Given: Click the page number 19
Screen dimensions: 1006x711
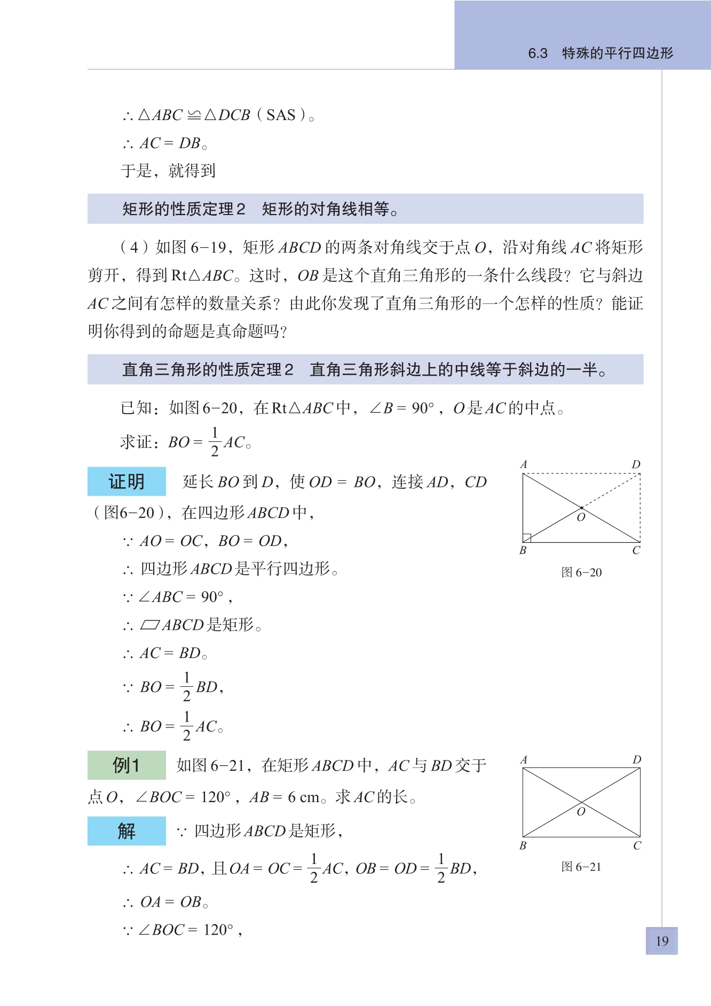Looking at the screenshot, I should coord(662,941).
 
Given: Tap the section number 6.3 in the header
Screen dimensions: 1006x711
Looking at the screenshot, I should coord(538,53).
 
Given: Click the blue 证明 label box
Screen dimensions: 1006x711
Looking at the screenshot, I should coord(127,481).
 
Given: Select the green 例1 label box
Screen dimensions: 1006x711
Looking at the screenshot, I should coord(127,765).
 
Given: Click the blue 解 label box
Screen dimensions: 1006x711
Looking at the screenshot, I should coord(127,831).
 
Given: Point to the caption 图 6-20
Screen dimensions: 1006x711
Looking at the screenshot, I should coord(581,573).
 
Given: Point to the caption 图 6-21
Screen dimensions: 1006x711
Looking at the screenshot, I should coord(581,867).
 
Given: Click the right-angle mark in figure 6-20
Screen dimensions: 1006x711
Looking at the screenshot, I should coord(527,538).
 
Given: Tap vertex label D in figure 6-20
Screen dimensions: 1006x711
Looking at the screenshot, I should coord(636,464).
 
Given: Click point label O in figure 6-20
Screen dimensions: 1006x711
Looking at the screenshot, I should coord(581,517).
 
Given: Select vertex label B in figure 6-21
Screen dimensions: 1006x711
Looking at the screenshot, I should coord(523,845).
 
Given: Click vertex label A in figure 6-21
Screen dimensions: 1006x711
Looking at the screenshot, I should coord(524,759).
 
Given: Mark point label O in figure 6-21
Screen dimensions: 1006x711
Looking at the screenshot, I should coord(581,812).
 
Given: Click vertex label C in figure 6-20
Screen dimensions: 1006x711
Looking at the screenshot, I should coord(636,550).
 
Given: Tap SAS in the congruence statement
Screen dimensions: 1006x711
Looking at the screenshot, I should coord(281,115).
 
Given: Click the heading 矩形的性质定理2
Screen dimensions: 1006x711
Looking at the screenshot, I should coord(184,209).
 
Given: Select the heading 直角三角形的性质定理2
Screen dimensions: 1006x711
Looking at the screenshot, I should coord(208,369).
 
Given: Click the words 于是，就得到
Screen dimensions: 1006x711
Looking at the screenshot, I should coord(168,171).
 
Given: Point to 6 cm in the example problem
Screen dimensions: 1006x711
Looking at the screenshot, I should coord(303,797).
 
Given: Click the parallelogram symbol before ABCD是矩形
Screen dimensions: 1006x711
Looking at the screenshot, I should coord(150,624).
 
